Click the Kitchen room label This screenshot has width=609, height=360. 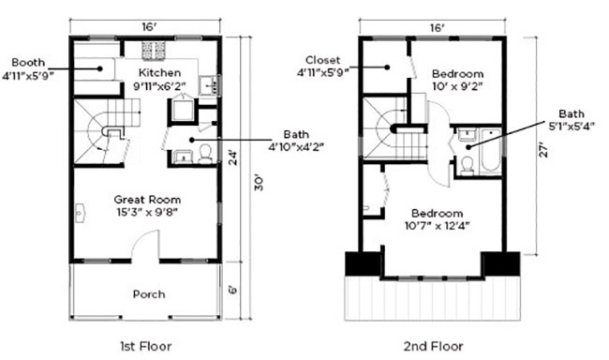pos(159,73)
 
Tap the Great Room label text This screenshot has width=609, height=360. pos(147,200)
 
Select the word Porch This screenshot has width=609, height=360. pos(149,294)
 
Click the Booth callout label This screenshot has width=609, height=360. pos(28,62)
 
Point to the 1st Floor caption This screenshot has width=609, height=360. pos(145,346)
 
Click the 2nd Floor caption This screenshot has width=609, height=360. pos(433,346)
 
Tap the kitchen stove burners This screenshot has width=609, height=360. pos(154,51)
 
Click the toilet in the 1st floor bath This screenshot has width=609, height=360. pos(204,155)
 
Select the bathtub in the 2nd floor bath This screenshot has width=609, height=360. pos(491,150)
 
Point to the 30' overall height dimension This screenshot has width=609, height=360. pos(259,182)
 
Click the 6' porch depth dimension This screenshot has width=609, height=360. pos(231,290)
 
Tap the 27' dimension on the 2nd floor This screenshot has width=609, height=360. pos(543,149)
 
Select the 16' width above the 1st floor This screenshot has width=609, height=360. pos(149,27)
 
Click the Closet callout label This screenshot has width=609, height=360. pos(322,60)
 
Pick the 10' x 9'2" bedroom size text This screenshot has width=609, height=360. pos(457,86)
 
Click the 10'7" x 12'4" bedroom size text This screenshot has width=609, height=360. pos(437,226)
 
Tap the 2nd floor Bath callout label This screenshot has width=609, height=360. pos(572,113)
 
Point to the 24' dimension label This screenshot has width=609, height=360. pos(232,157)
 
